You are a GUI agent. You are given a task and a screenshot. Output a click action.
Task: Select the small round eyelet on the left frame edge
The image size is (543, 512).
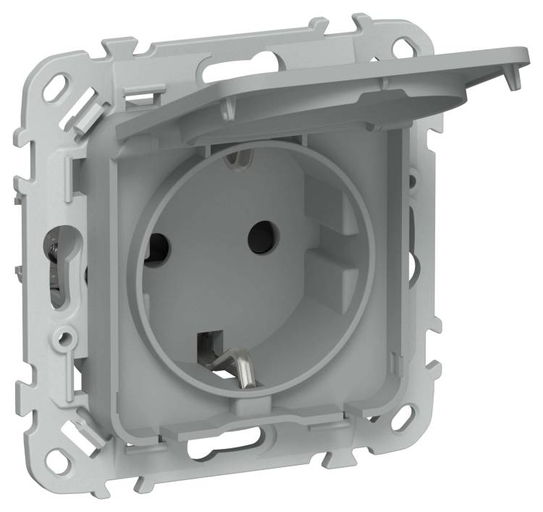point(66,337)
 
